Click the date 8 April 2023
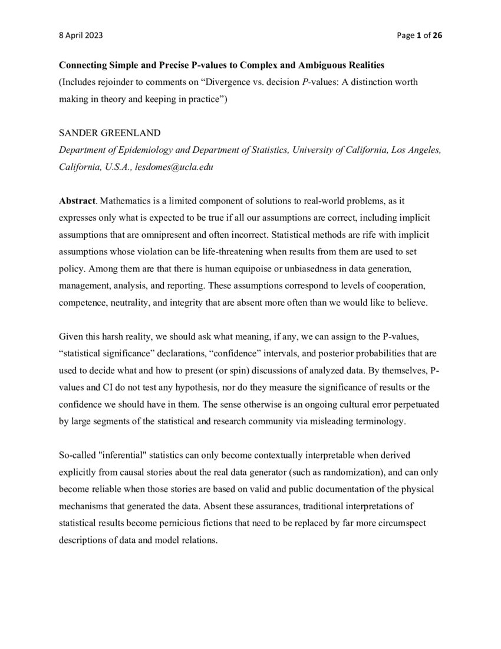(81, 35)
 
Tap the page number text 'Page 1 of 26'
(419, 35)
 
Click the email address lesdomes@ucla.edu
(174, 167)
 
